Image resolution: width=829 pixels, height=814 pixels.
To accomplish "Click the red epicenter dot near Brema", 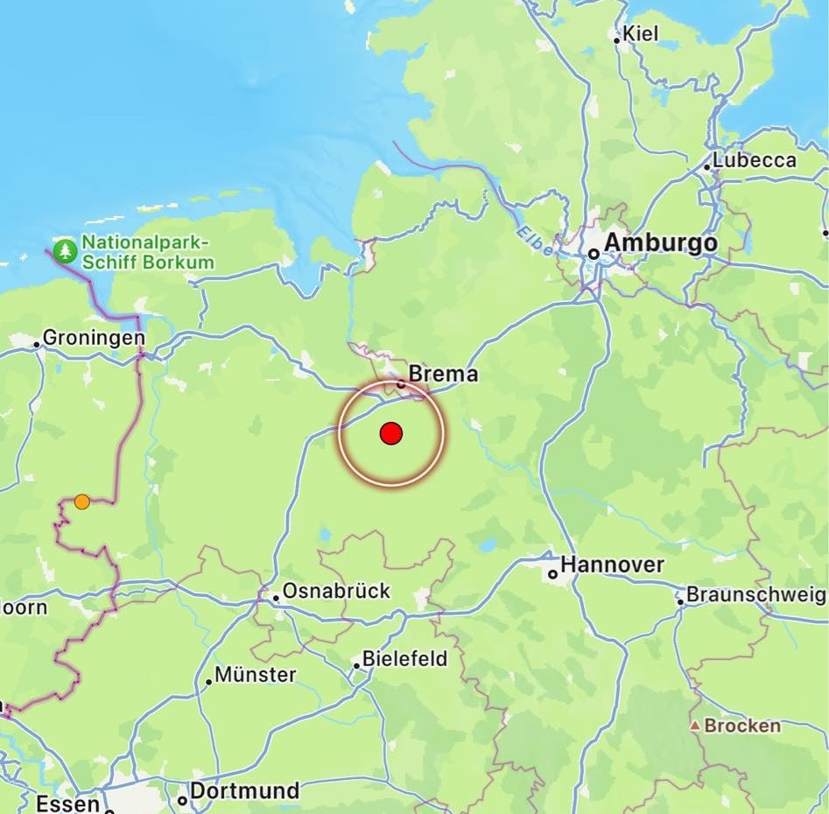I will pyautogui.click(x=390, y=433).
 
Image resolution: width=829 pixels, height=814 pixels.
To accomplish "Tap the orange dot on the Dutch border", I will pyautogui.click(x=81, y=502).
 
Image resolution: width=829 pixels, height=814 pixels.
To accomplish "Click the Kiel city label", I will pyautogui.click(x=641, y=35).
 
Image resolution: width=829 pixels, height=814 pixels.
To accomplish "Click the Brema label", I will pyautogui.click(x=444, y=374).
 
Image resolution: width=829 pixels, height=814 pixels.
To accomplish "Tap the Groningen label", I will pyautogui.click(x=94, y=338).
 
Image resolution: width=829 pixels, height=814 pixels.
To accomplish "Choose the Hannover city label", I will pyautogui.click(x=612, y=565).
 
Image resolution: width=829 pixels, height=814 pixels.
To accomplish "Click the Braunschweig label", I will pyautogui.click(x=755, y=595).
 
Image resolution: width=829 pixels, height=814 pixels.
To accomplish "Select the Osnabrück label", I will pyautogui.click(x=336, y=591).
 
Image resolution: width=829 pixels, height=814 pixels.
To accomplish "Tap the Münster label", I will pyautogui.click(x=256, y=675).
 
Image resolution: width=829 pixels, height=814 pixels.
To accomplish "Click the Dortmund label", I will pyautogui.click(x=244, y=791).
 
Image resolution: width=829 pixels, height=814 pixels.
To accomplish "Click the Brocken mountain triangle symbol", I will pyautogui.click(x=694, y=726).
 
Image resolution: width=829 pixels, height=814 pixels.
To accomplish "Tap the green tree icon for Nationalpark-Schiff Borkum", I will pyautogui.click(x=65, y=251).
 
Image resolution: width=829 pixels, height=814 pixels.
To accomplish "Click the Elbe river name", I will pyautogui.click(x=534, y=242).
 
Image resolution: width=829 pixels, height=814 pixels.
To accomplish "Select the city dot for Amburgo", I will pyautogui.click(x=594, y=254).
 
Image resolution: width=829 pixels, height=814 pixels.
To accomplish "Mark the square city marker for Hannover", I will pyautogui.click(x=552, y=574).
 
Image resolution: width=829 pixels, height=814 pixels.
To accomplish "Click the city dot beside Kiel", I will pyautogui.click(x=617, y=39).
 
